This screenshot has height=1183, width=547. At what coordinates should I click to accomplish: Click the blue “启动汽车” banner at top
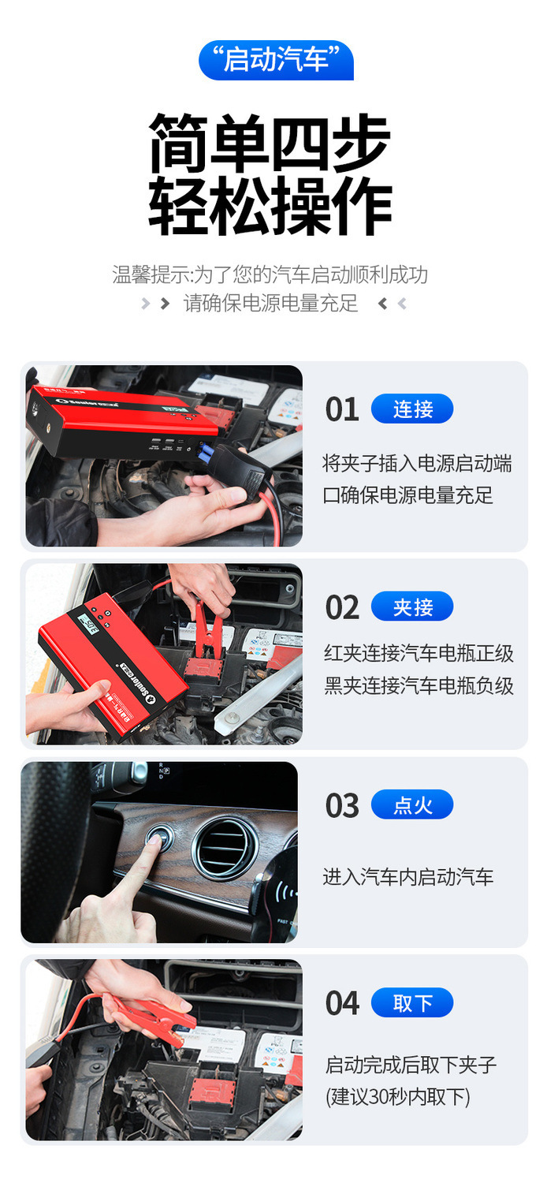click(x=276, y=60)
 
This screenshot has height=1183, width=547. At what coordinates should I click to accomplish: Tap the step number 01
click(x=342, y=409)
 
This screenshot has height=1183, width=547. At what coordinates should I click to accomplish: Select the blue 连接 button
click(x=412, y=409)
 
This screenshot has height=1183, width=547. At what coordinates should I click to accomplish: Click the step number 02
click(x=342, y=607)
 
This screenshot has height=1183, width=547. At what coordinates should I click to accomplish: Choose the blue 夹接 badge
click(x=412, y=606)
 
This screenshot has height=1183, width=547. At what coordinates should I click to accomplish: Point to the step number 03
click(x=342, y=806)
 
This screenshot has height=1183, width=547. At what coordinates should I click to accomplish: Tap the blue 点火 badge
click(x=412, y=805)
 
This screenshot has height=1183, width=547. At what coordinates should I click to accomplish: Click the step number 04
click(x=342, y=1003)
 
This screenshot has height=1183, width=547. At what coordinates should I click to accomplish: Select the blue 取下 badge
click(x=412, y=1003)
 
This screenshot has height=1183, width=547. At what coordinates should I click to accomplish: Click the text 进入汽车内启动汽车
click(x=407, y=877)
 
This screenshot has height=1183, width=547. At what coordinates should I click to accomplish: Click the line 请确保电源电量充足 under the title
click(x=271, y=303)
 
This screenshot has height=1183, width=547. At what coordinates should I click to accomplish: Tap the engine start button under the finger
click(x=160, y=838)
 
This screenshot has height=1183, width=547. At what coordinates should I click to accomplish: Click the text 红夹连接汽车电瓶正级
click(x=419, y=654)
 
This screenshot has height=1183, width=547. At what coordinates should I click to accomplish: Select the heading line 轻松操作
click(x=270, y=206)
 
